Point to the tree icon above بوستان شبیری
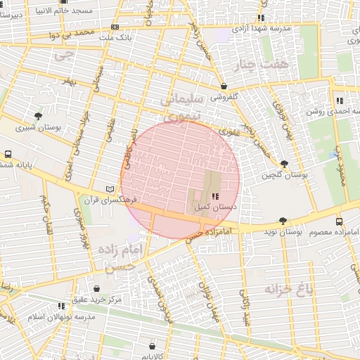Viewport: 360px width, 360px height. tap(38, 116)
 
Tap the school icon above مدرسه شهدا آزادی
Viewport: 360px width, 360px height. tap(261, 18)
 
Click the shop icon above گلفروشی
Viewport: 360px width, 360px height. tap(223, 85)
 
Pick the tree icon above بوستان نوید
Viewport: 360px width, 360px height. tap(283, 220)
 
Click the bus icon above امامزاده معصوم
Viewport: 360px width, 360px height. tap(340, 221)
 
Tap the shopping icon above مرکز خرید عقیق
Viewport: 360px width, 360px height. tap(96, 288)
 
